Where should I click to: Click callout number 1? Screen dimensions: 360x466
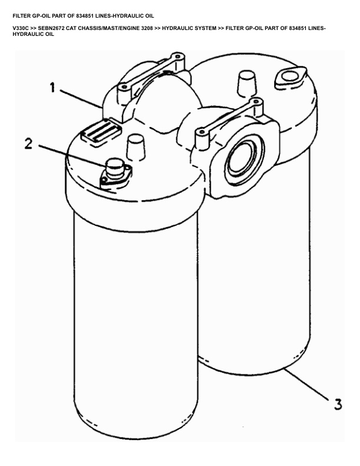[x=52, y=88]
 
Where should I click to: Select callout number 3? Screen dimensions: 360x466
[x=338, y=404]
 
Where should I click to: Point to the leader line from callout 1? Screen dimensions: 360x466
[x=81, y=98]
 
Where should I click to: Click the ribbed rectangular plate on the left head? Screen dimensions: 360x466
[x=101, y=132]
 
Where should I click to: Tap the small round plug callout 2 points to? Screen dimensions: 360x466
[x=115, y=169]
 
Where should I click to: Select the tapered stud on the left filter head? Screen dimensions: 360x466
[x=136, y=148]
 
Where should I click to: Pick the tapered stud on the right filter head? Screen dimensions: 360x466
[x=247, y=84]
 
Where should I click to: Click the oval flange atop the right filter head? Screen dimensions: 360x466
[x=289, y=77]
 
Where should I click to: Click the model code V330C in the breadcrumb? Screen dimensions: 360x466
[x=21, y=28]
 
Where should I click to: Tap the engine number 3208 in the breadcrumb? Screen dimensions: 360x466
[x=147, y=28]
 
